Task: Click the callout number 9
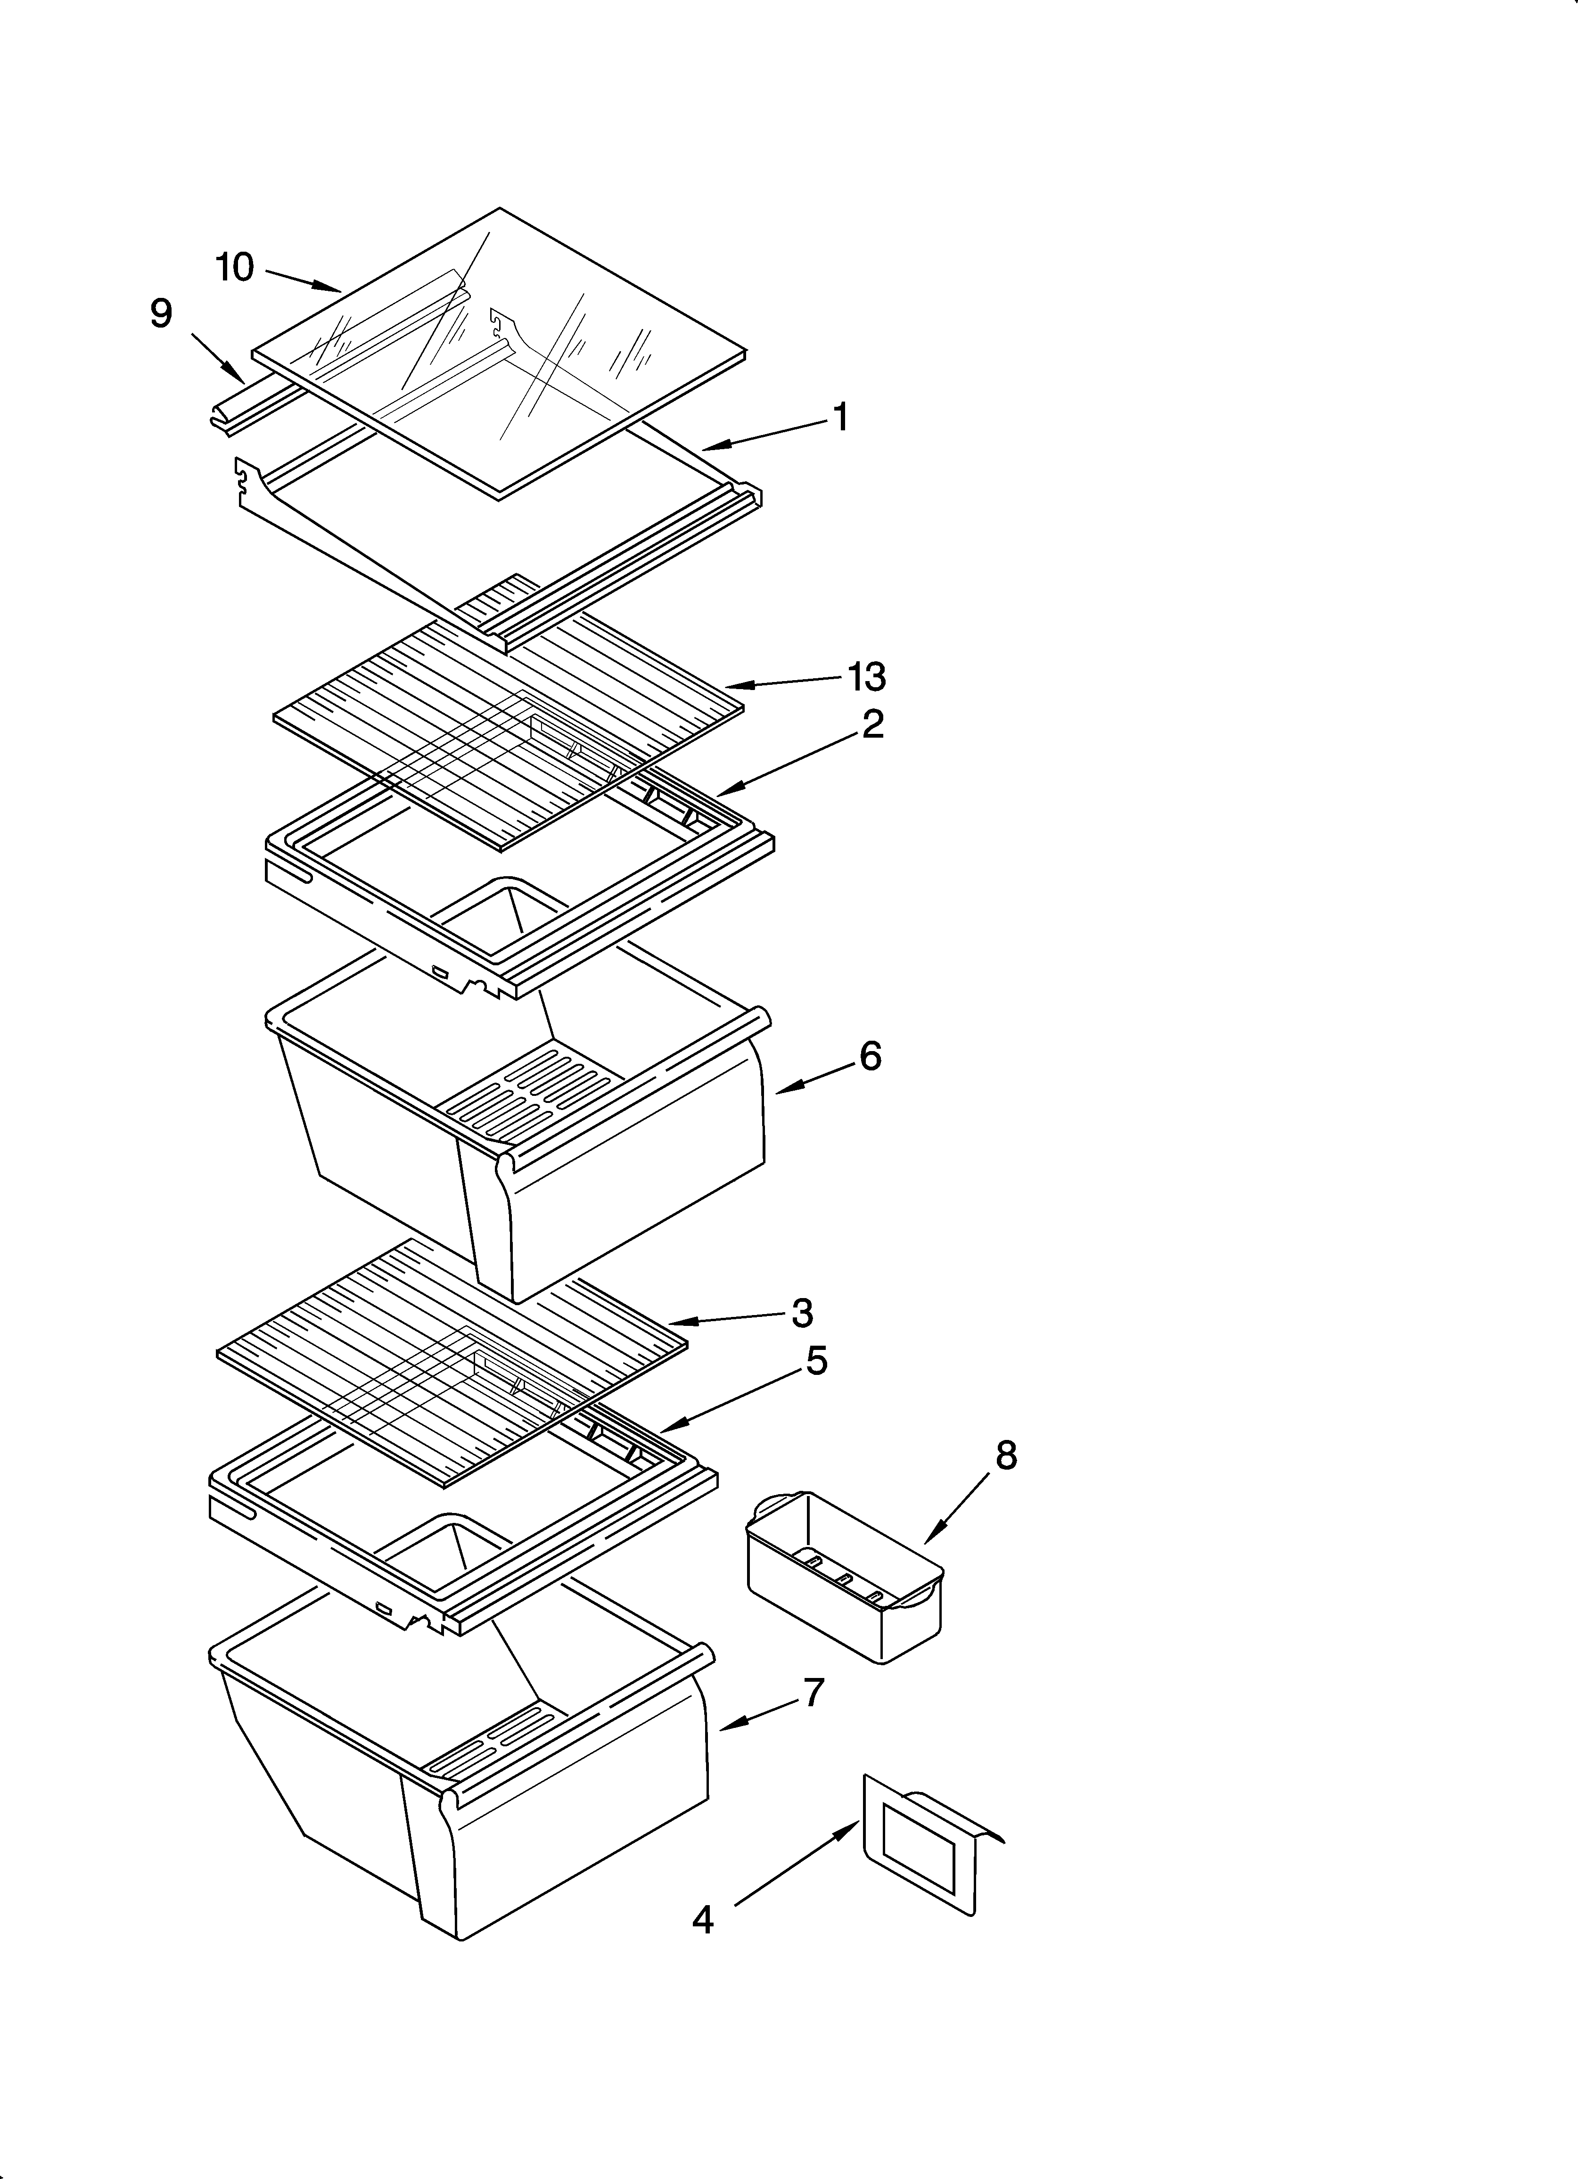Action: (x=162, y=314)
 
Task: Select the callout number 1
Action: (x=840, y=418)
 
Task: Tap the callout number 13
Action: (x=866, y=677)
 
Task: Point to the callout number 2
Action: (x=871, y=724)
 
